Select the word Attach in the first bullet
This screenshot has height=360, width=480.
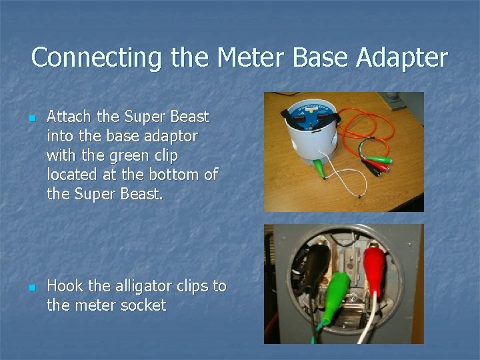pos(70,117)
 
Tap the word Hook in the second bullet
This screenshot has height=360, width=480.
pos(64,287)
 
